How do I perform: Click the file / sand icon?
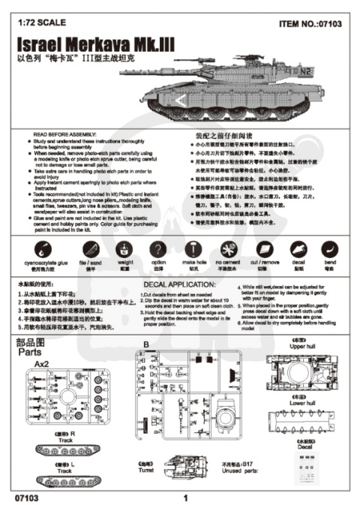[84, 251]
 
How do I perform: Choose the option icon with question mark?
[157, 251]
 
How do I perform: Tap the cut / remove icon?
[264, 251]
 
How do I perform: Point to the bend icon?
[328, 251]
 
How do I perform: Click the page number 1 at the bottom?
[184, 496]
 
